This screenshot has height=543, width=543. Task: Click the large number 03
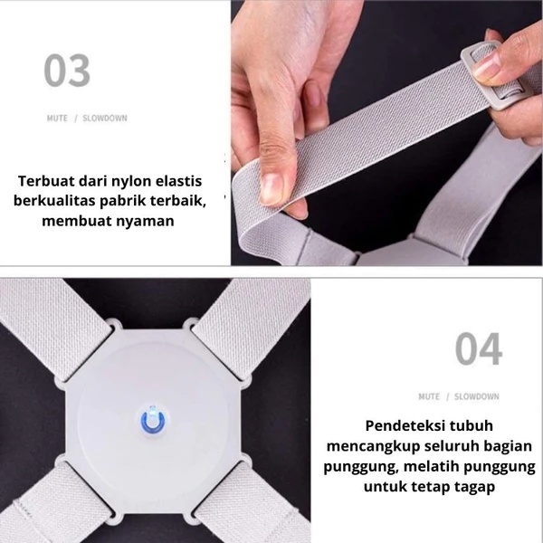click(x=67, y=71)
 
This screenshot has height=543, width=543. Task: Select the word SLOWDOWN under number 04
click(x=476, y=396)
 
